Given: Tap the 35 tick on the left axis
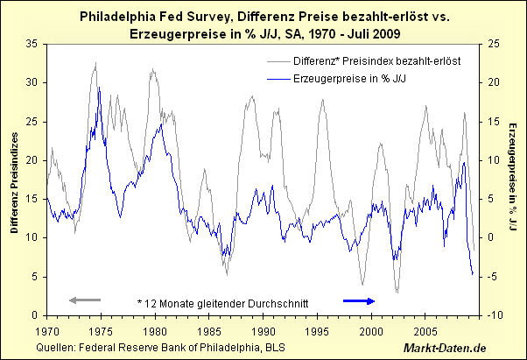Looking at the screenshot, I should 32,44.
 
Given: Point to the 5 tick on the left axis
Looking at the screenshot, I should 34,277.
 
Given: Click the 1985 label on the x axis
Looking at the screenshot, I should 208,332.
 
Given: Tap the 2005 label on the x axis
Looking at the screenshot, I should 425,332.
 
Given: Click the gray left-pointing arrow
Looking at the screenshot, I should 85,301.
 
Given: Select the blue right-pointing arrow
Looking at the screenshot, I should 358,301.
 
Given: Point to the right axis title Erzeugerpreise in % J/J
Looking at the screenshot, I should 512,180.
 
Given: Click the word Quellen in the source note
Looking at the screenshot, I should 58,348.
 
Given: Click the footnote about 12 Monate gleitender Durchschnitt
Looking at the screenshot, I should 224,301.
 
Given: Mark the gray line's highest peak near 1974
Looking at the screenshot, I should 95,63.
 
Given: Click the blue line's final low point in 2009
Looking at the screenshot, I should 473,275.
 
